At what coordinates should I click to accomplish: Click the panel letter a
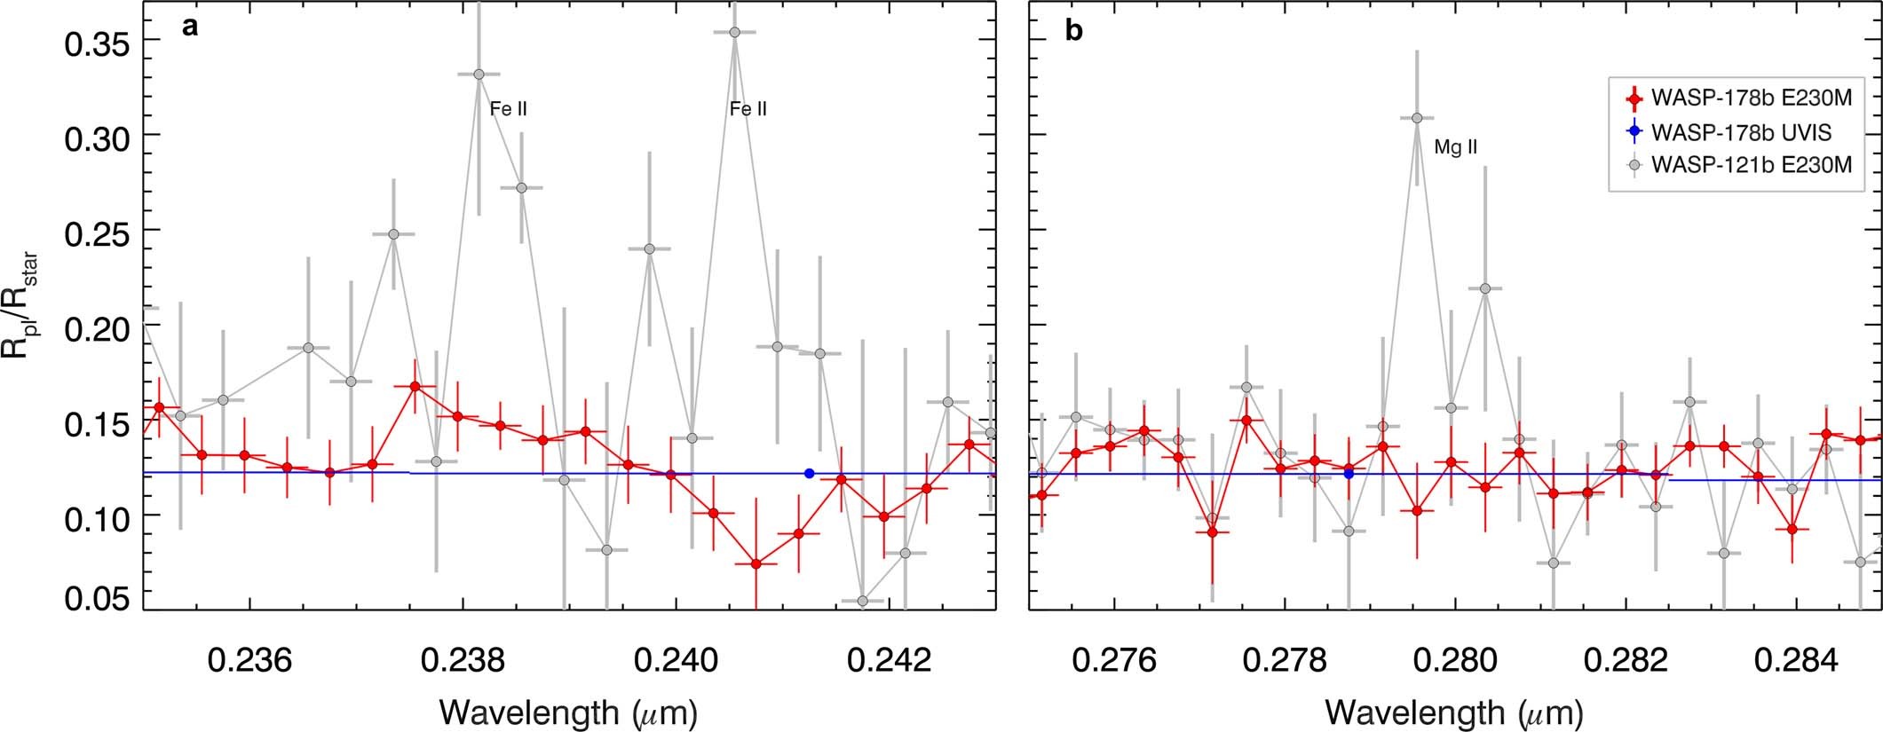click(x=189, y=28)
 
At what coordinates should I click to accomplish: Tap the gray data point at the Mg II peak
click(x=1417, y=118)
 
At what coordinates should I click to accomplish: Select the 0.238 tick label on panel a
click(x=463, y=660)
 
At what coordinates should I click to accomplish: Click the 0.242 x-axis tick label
click(x=890, y=660)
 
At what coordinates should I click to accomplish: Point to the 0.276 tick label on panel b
click(x=1114, y=660)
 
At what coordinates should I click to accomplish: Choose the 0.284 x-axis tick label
click(x=1796, y=660)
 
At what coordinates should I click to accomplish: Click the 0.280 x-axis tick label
click(x=1455, y=660)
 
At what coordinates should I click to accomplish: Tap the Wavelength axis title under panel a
click(x=568, y=712)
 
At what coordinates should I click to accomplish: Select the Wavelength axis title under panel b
click(x=1454, y=712)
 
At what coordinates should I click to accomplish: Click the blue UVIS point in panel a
click(x=809, y=473)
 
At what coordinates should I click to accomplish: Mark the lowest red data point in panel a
click(x=756, y=563)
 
